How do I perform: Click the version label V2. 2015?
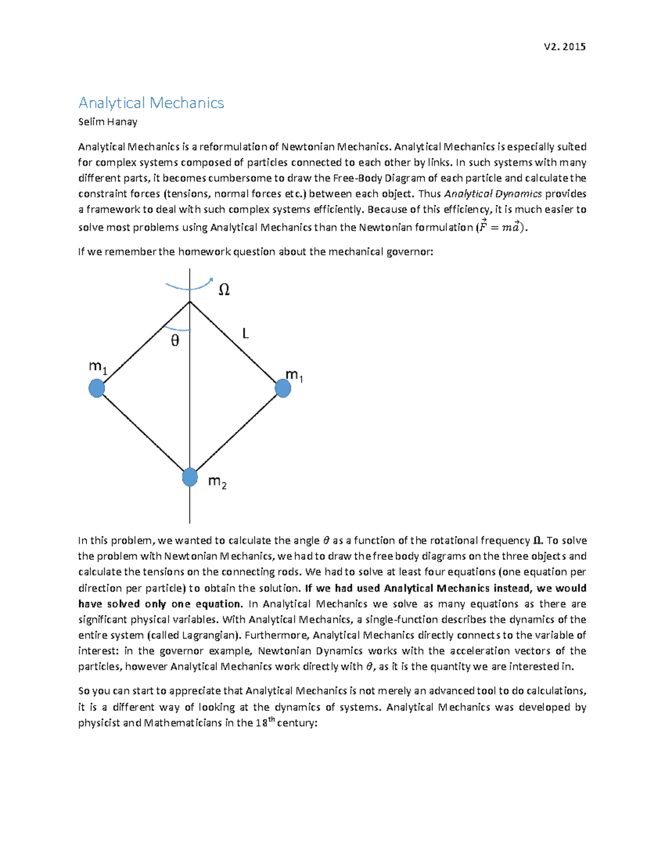click(565, 47)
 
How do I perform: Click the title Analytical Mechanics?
click(151, 103)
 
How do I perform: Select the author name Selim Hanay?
click(108, 121)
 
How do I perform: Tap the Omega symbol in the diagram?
click(224, 289)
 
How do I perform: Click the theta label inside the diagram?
click(175, 340)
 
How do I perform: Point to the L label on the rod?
click(245, 333)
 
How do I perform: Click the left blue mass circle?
click(97, 388)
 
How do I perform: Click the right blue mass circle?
click(283, 388)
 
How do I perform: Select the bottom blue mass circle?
click(190, 477)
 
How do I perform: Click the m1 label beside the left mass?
click(98, 367)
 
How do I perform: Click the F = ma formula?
click(500, 227)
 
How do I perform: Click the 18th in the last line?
click(264, 722)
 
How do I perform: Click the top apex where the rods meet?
click(190, 302)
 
